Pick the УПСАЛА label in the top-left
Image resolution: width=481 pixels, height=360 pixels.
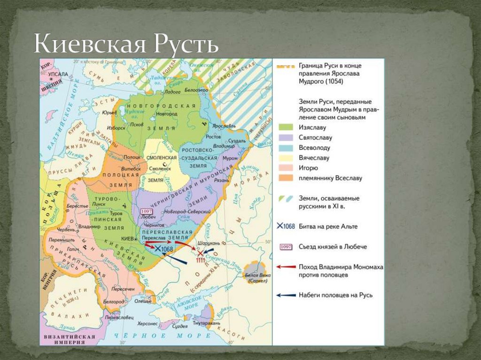(58, 74)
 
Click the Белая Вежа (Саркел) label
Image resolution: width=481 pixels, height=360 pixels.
(256, 277)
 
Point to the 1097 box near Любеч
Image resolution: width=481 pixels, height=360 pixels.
(147, 212)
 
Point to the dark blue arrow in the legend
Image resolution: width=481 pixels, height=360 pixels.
(285, 295)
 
